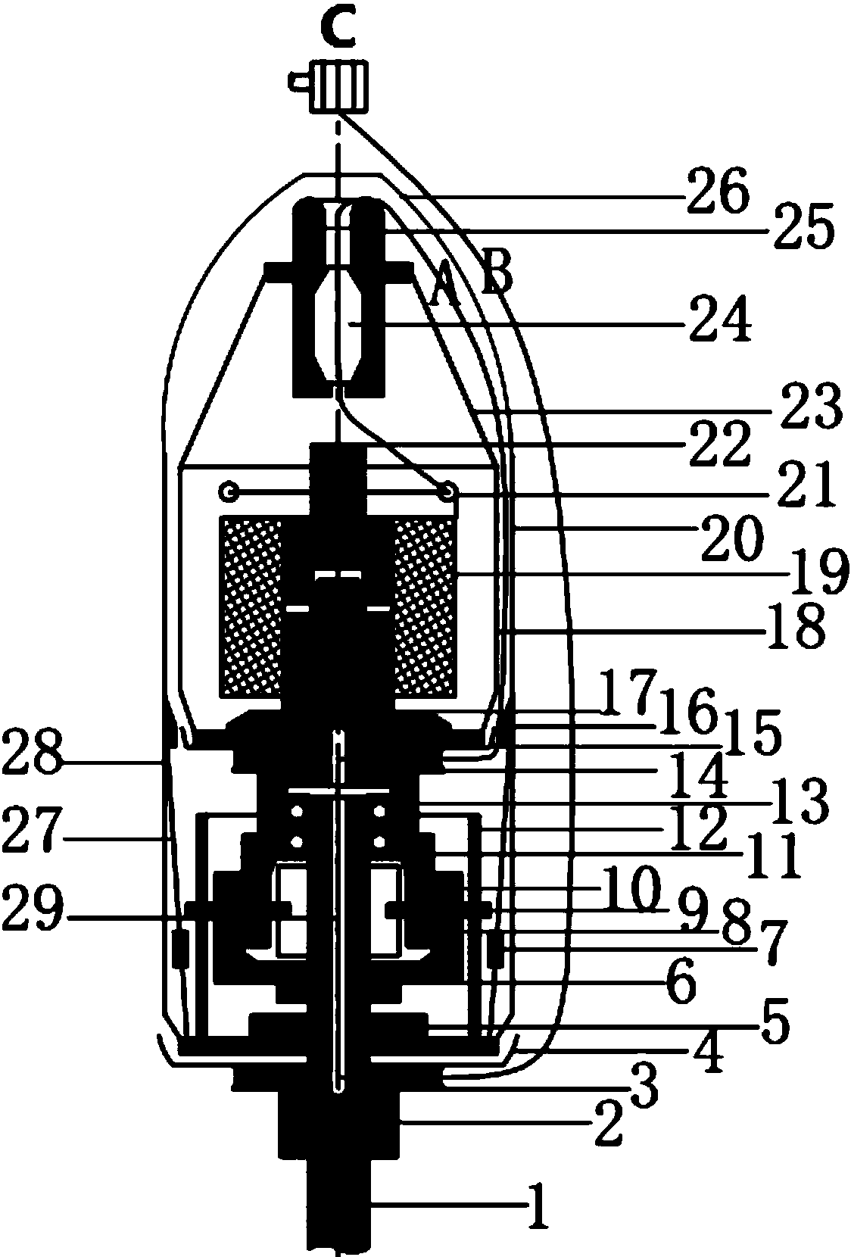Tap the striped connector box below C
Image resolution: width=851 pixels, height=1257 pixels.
[341, 87]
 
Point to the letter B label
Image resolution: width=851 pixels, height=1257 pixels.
[497, 272]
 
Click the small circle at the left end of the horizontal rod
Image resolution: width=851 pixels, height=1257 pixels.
[229, 493]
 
